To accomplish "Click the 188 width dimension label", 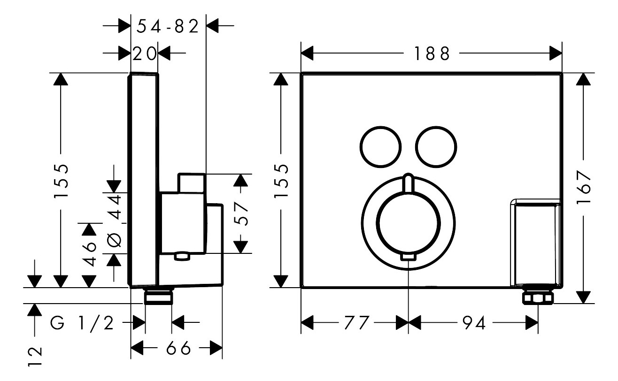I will (432, 54).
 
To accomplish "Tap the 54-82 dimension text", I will (168, 27).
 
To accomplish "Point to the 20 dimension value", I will (144, 54).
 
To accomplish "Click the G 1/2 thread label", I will (82, 323).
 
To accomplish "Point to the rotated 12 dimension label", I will (35, 357).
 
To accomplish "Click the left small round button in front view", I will (381, 146).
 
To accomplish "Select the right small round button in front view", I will (436, 146).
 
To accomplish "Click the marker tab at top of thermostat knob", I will (408, 183).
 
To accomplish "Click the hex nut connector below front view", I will (538, 297).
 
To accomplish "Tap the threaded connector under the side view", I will (158, 297).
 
